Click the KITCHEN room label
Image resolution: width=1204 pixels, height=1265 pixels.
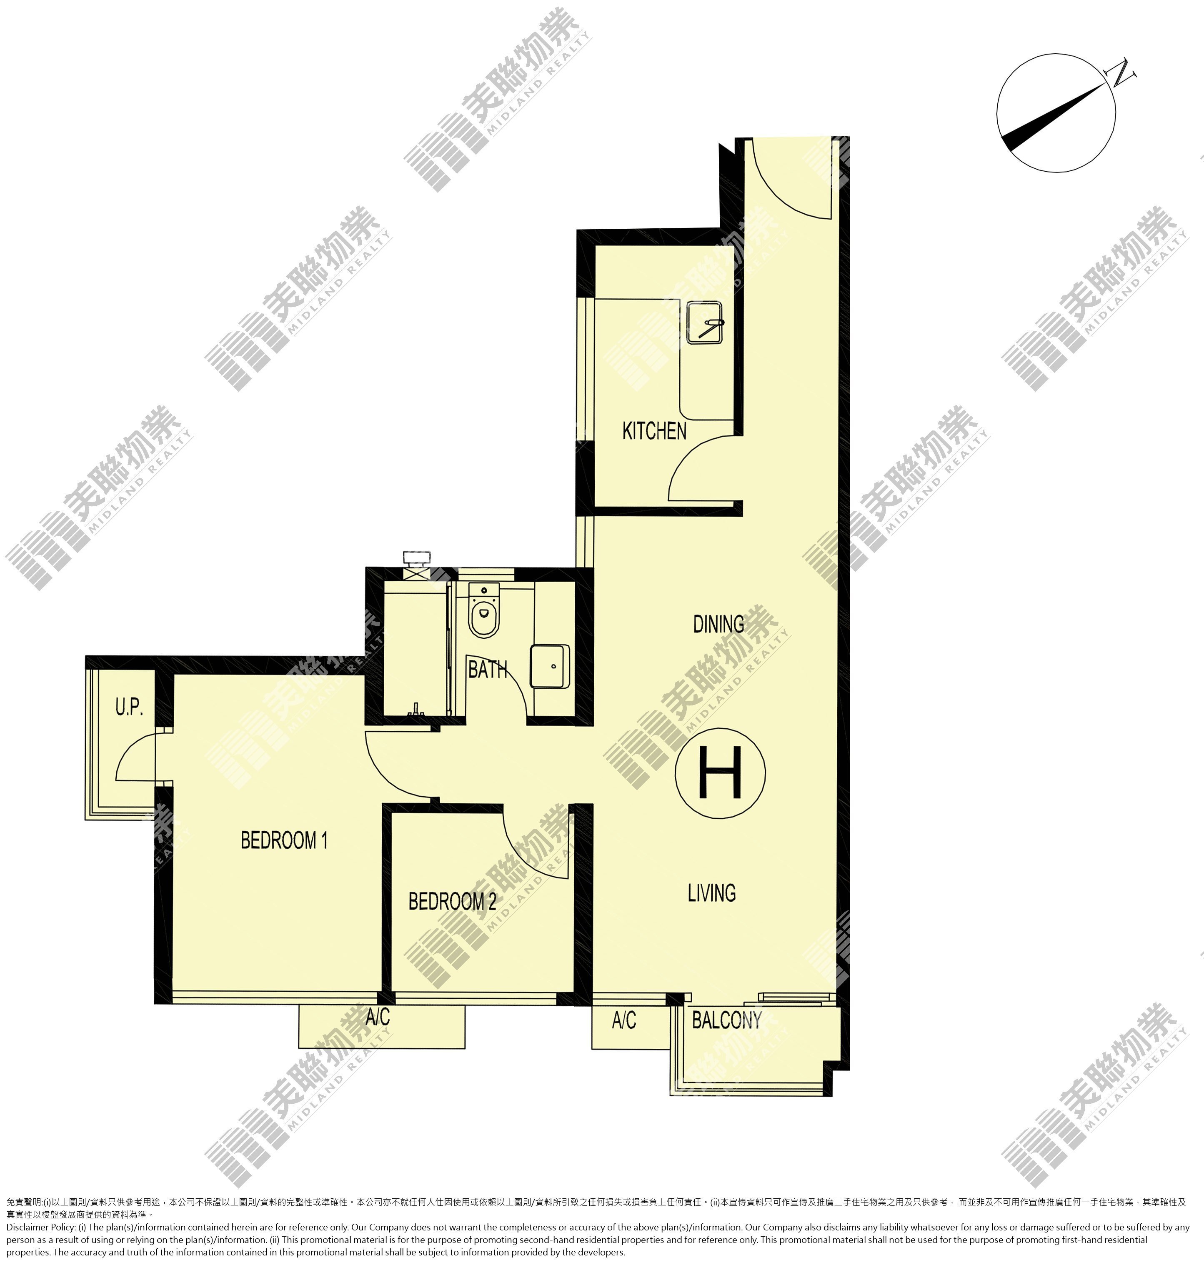pyautogui.click(x=654, y=431)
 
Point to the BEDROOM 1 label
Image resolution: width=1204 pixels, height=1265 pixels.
pyautogui.click(x=284, y=840)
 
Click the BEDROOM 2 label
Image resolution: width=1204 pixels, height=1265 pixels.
pyautogui.click(x=453, y=901)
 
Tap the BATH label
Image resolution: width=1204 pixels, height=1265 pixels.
pyautogui.click(x=488, y=670)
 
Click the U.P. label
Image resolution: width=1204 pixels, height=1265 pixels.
pyautogui.click(x=129, y=707)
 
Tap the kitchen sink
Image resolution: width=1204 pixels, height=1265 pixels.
pyautogui.click(x=705, y=322)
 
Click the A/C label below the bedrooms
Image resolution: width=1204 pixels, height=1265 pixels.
pyautogui.click(x=378, y=1017)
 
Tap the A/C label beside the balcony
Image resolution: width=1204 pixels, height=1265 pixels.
pyautogui.click(x=624, y=1020)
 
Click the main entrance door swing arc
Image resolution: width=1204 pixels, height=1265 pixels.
pyautogui.click(x=773, y=197)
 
